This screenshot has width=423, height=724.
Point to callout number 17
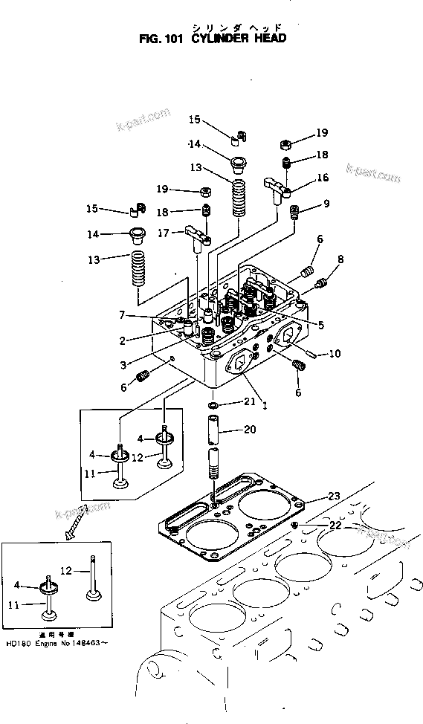(x=164, y=233)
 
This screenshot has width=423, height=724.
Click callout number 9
(x=326, y=204)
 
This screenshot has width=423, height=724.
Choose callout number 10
(x=334, y=354)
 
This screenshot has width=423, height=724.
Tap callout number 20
(x=249, y=430)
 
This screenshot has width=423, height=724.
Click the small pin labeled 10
(x=310, y=354)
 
